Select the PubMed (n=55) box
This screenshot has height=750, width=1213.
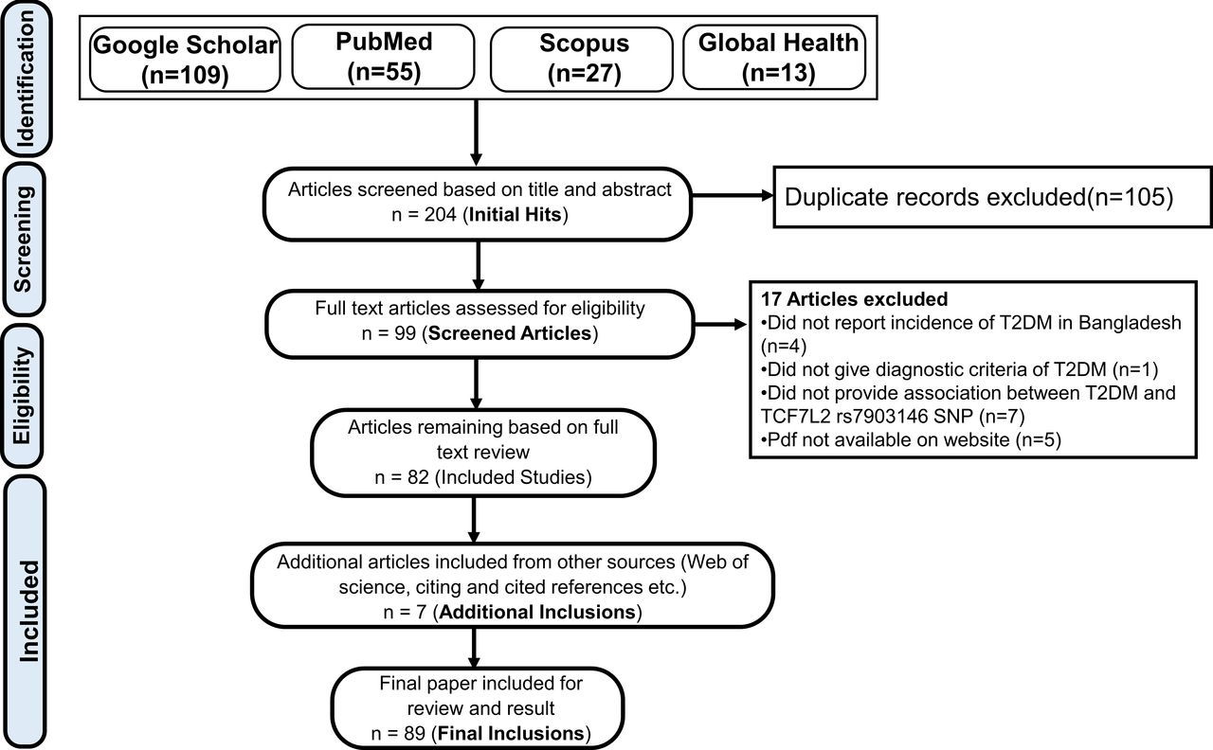pos(384,58)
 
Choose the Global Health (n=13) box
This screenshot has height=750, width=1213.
pos(778,58)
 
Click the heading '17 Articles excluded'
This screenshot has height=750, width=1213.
pos(854,299)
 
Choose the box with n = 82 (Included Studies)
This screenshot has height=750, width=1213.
pos(482,454)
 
